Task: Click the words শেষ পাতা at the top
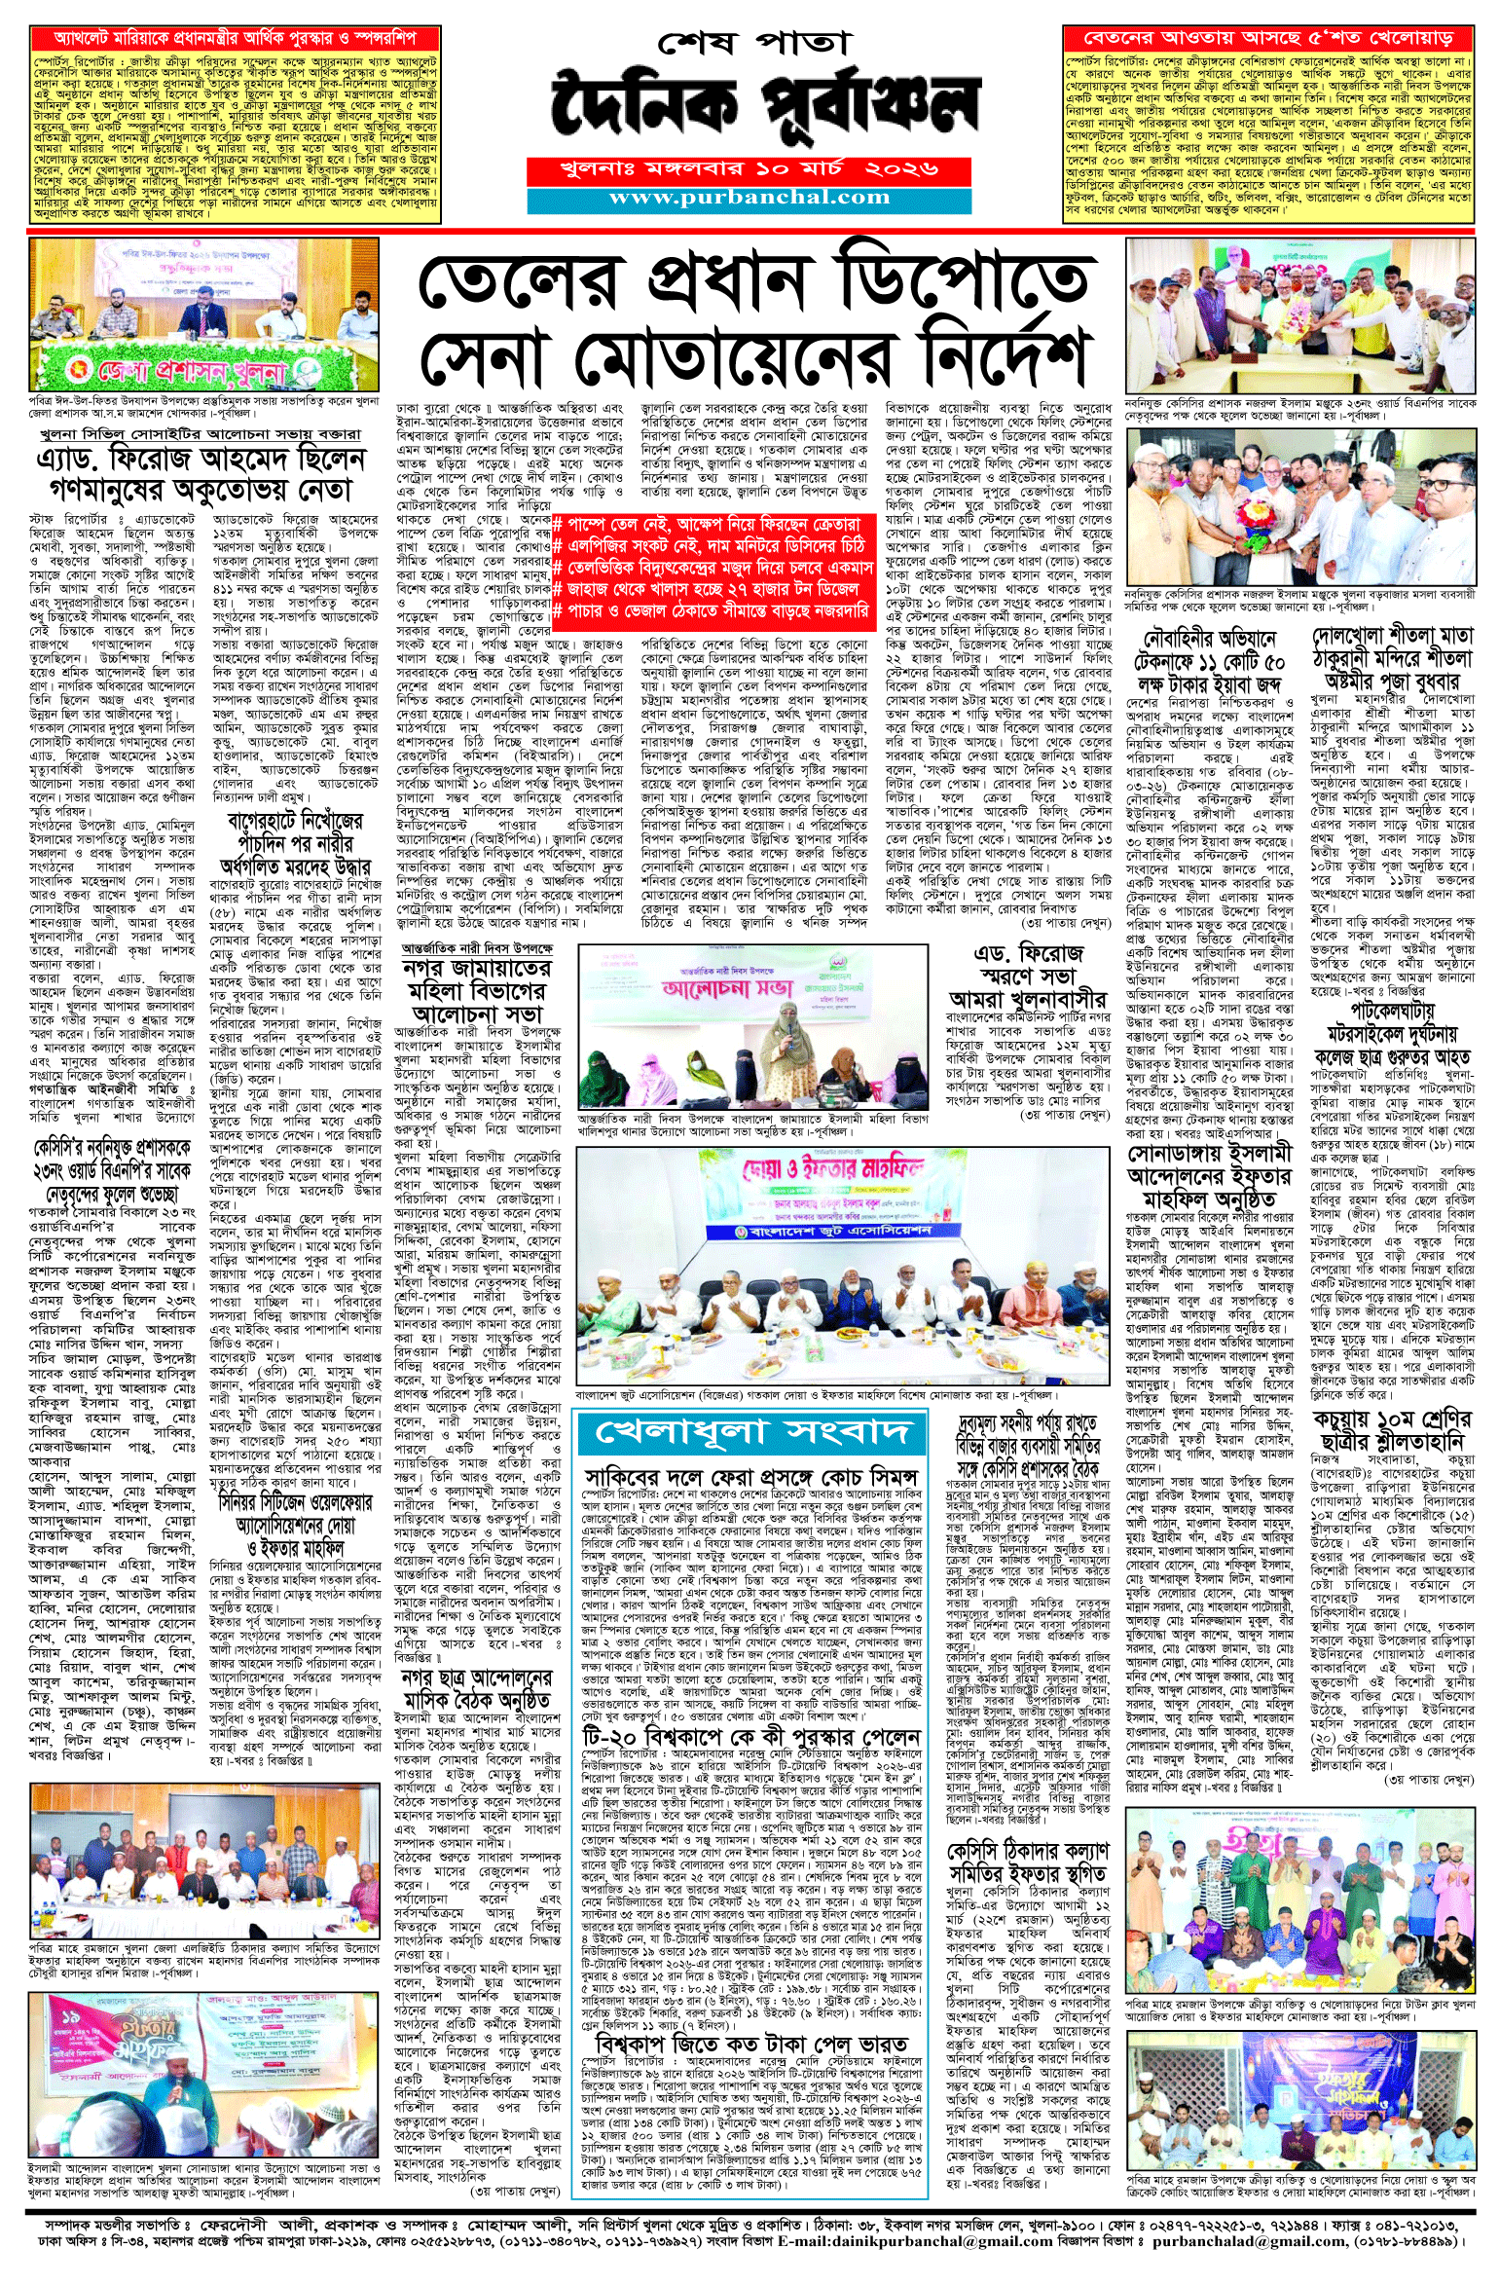(x=753, y=44)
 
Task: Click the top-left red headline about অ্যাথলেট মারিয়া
(x=235, y=39)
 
